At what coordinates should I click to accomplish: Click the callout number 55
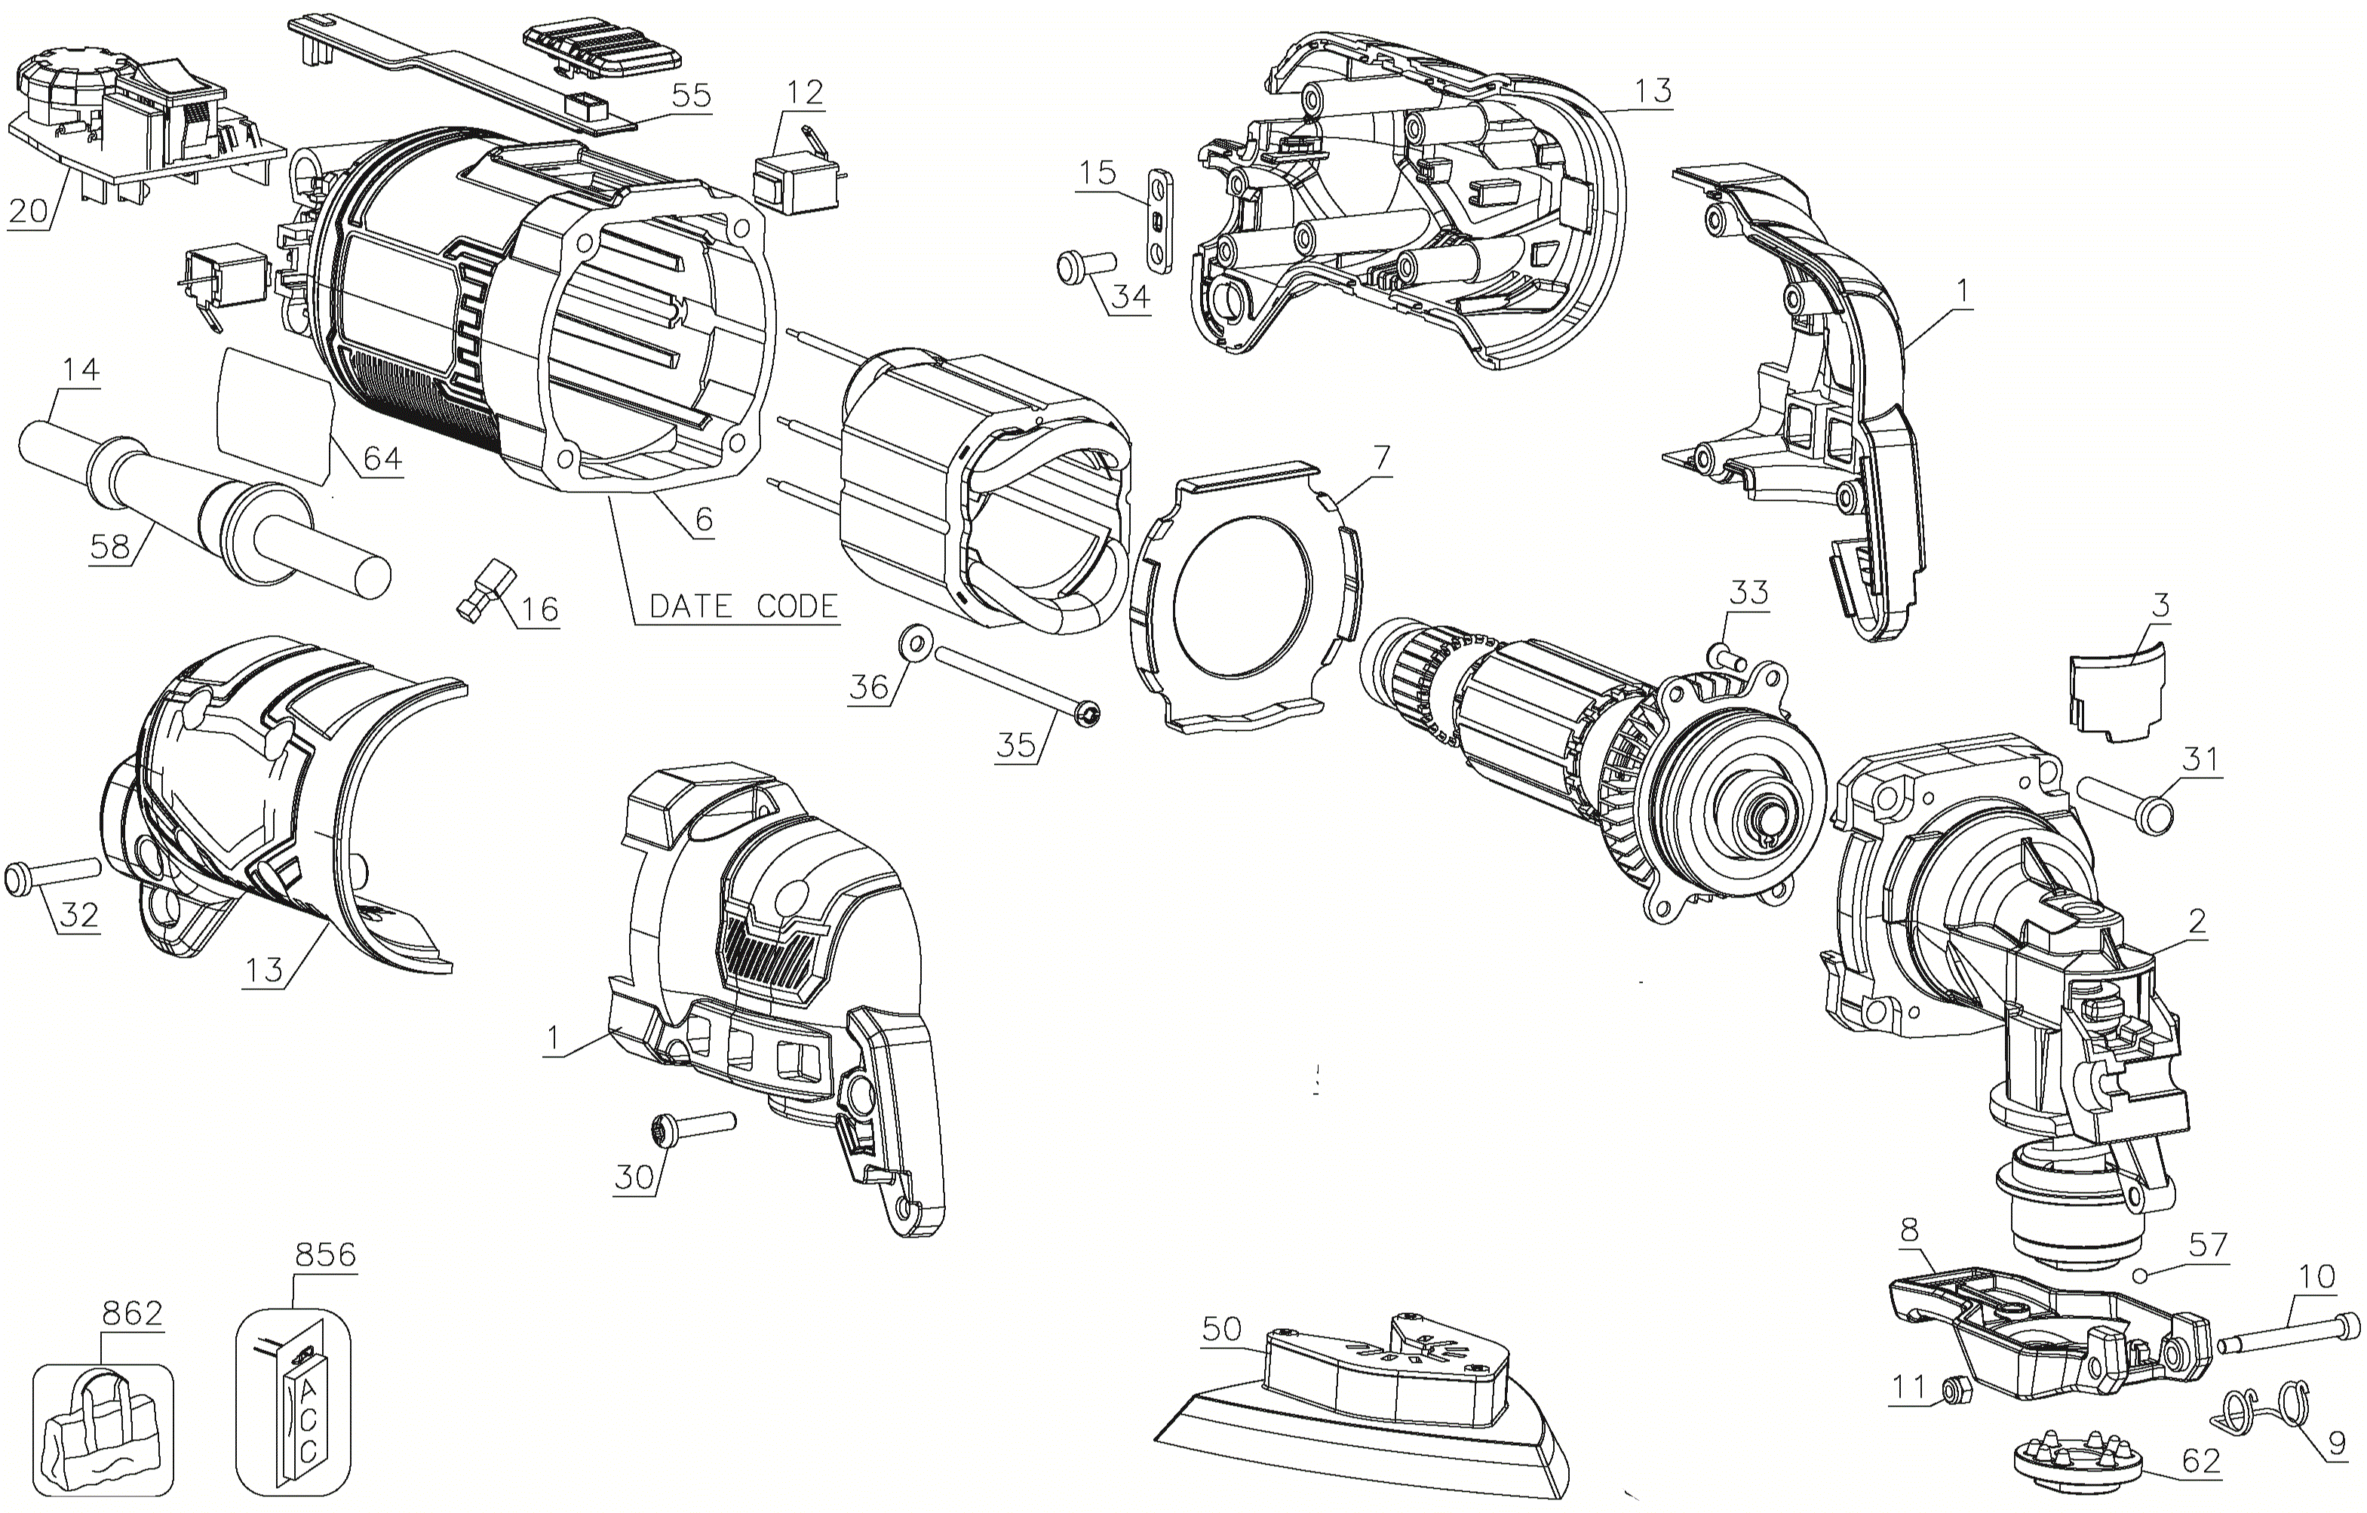tap(691, 95)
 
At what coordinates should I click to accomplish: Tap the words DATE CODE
tap(743, 606)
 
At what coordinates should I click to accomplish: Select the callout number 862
tap(132, 1312)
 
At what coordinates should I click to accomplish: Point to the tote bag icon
tap(103, 1431)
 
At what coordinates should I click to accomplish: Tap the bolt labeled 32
tap(53, 874)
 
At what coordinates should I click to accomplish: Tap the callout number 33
tap(1748, 593)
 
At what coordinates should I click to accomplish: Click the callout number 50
tap(1222, 1329)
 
